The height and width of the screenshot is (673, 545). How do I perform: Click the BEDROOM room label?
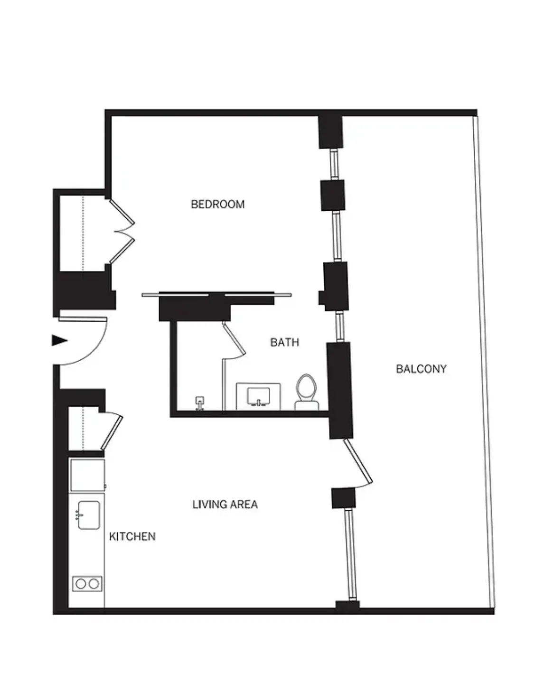click(218, 205)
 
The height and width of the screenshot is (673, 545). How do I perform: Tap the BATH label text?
click(284, 342)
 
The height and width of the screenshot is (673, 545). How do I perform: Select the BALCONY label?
click(421, 369)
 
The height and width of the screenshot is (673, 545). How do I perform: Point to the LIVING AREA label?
click(225, 504)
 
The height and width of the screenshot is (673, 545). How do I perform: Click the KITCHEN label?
click(132, 536)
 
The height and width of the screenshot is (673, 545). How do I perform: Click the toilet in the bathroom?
click(306, 392)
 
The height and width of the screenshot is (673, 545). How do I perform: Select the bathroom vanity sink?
click(258, 396)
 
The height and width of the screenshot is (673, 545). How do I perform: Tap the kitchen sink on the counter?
click(88, 515)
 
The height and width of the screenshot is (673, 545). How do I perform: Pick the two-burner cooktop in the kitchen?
click(87, 583)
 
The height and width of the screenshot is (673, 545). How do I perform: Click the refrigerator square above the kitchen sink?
click(87, 475)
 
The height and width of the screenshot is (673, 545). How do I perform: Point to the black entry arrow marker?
click(59, 340)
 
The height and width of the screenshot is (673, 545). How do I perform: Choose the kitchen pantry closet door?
click(112, 432)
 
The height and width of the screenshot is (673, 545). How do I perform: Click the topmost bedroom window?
click(335, 164)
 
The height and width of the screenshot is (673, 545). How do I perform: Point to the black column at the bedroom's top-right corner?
click(330, 131)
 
